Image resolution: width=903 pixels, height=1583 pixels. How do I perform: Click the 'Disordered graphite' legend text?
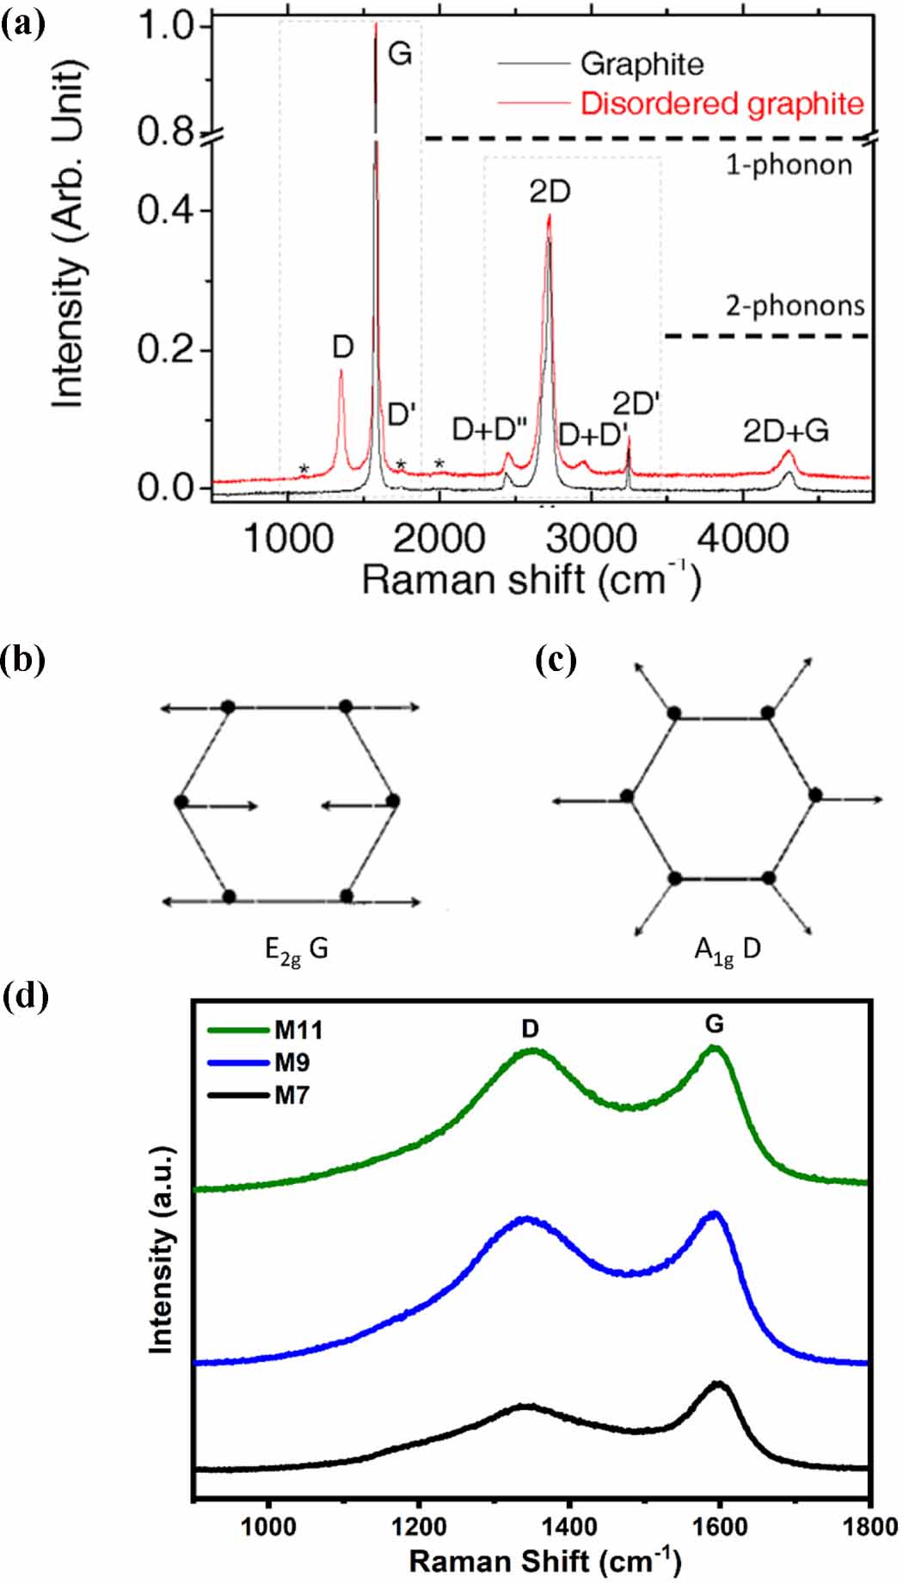pyautogui.click(x=722, y=103)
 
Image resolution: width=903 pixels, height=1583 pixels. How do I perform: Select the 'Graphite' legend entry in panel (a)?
pyautogui.click(x=642, y=64)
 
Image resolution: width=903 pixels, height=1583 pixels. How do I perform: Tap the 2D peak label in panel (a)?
pyautogui.click(x=550, y=192)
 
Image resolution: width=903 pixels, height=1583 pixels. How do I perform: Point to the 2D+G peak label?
pyautogui.click(x=786, y=431)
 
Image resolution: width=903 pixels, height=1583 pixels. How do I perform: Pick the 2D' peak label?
pyautogui.click(x=636, y=402)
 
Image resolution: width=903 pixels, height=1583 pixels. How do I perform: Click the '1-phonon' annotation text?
pyautogui.click(x=789, y=165)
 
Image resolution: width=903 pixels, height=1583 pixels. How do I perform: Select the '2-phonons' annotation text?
pyautogui.click(x=795, y=305)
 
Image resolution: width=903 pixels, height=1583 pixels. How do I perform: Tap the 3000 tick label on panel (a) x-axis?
pyautogui.click(x=593, y=540)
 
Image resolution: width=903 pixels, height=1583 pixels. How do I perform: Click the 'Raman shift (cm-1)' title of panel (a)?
pyautogui.click(x=531, y=581)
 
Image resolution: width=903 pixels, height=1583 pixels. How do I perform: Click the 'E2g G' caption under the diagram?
pyautogui.click(x=296, y=952)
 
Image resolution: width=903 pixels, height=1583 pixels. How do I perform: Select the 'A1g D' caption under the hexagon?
pyautogui.click(x=727, y=952)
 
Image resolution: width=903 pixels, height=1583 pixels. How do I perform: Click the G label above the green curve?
pyautogui.click(x=714, y=1024)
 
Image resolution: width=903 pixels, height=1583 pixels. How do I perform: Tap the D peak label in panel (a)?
pyautogui.click(x=343, y=348)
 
